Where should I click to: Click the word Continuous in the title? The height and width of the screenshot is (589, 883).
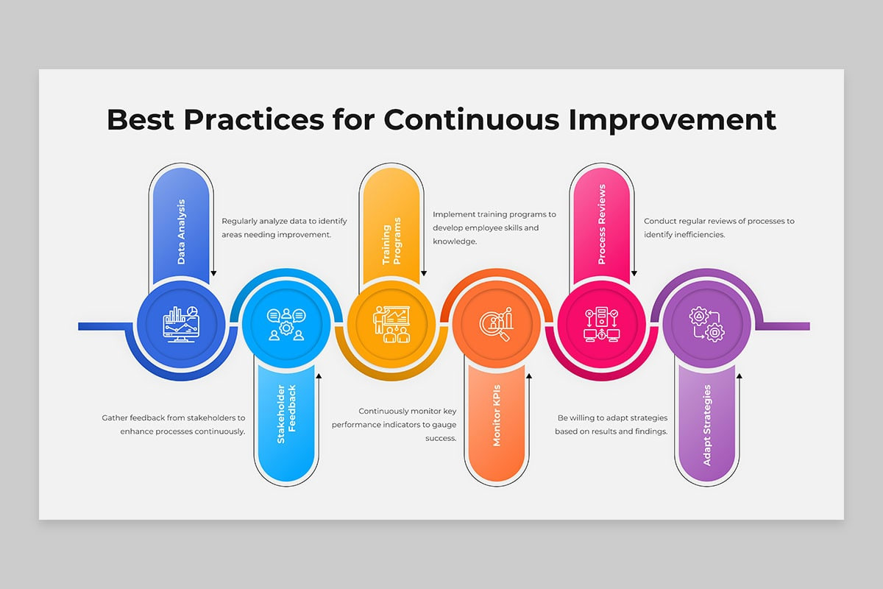point(472,119)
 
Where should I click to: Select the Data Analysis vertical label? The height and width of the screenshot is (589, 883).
point(181,232)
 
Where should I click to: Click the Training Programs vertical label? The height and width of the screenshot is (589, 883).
point(391,241)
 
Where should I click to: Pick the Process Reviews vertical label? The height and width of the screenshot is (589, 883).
point(602,224)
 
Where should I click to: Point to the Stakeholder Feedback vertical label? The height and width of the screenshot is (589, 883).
point(286,414)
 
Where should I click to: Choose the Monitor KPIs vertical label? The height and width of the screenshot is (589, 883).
point(497,415)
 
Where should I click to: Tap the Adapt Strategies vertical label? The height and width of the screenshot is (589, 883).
point(707,426)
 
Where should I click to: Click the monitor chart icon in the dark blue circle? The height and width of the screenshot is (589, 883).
point(181,324)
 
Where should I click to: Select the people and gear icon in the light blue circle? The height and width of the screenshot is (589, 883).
point(286,324)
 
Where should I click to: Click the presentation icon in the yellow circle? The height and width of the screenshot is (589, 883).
point(391,324)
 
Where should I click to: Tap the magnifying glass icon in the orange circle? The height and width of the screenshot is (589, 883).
point(497,324)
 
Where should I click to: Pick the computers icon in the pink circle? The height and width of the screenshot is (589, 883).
point(602,324)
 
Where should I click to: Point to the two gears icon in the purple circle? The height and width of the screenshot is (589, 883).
point(707,324)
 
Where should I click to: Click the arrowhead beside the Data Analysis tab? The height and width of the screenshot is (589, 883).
point(213,273)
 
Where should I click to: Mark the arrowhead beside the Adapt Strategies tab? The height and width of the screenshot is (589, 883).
point(740,376)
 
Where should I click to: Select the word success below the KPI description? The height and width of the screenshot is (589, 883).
point(441,438)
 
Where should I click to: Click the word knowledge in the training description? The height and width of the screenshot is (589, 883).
point(455,241)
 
